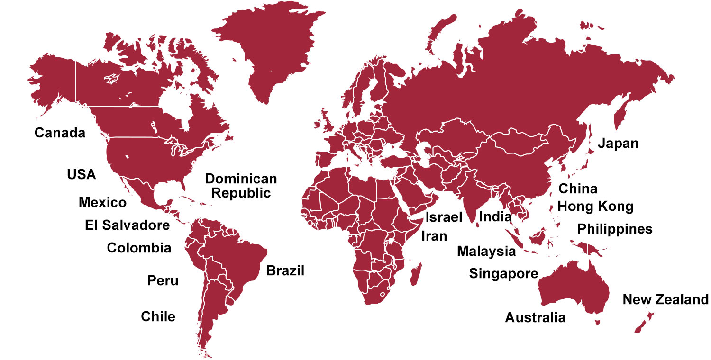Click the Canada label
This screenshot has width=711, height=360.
coord(60,133)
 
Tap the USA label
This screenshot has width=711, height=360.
coord(81,174)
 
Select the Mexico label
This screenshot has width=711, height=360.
coord(103,203)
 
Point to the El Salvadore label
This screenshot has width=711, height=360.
coord(128,225)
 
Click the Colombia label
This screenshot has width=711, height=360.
coord(139,248)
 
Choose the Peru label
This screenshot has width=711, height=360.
coord(163,280)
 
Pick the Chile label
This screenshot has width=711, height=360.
coord(158,316)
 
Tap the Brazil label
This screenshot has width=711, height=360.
coord(285,271)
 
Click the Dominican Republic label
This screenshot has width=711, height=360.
coord(241,186)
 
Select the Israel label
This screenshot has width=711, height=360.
coord(444,217)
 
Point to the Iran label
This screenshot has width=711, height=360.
coord(434,235)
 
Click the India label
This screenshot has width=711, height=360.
coord(496,217)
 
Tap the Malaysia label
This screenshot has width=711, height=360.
coord(486,251)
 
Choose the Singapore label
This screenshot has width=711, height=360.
coord(503,273)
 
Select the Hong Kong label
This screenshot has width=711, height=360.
coord(595,207)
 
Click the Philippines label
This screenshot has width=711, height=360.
coord(615,229)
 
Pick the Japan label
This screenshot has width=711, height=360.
coord(618,143)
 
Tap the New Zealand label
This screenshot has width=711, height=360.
coord(665,299)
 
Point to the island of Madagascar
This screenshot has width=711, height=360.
coord(415,275)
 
